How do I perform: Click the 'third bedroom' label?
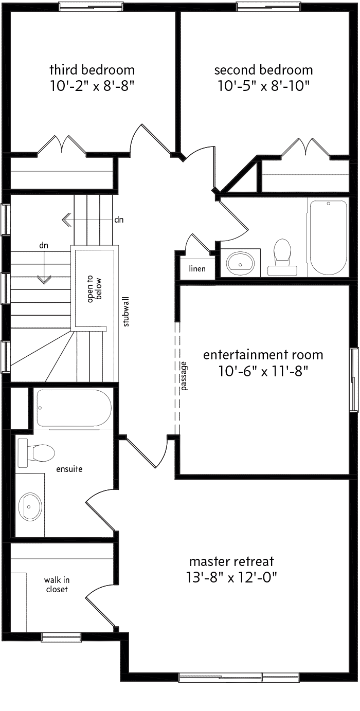[x=92, y=69]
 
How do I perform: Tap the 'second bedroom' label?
[x=263, y=70]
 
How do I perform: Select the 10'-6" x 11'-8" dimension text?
[x=263, y=371]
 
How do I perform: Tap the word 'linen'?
[x=197, y=268]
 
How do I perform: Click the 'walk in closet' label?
[x=57, y=585]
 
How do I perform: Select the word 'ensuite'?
[x=69, y=469]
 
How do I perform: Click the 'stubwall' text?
[x=126, y=312]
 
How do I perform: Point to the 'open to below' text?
[x=95, y=288]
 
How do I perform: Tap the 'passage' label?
[x=184, y=376]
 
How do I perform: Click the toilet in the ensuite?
[x=36, y=453]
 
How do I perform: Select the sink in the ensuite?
[x=30, y=506]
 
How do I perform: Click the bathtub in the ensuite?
[x=74, y=408]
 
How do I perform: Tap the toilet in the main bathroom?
[x=282, y=257]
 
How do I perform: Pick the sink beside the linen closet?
[x=240, y=263]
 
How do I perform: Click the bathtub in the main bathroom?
[x=329, y=238]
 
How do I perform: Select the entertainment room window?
[x=354, y=379]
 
